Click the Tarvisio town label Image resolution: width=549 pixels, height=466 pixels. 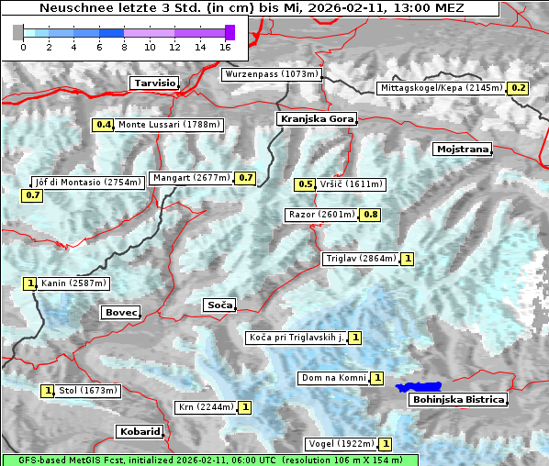point(153,83)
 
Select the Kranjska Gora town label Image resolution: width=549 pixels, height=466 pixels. point(315,119)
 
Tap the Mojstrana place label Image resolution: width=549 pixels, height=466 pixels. point(462,149)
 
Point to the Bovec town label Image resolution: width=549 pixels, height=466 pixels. point(120,313)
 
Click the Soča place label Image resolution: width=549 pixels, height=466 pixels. point(219,305)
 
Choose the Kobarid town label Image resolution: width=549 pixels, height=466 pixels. point(140,431)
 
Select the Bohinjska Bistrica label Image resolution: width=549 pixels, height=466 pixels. point(458,400)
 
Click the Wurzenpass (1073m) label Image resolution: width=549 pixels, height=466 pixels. point(272,74)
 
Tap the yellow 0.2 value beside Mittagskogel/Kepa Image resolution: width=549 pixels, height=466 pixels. point(519,88)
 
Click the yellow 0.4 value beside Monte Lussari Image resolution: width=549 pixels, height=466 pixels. point(104,125)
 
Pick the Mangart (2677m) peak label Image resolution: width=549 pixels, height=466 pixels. point(191,178)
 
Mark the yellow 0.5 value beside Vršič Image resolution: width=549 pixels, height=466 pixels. point(305,184)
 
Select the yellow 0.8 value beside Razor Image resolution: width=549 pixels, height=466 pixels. point(370,215)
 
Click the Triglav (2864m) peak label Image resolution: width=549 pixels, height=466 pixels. point(361,259)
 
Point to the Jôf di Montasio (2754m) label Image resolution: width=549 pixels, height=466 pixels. point(88,183)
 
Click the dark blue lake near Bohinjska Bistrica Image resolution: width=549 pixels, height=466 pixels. point(419,388)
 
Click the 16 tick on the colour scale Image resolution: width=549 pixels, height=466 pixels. point(226,47)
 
